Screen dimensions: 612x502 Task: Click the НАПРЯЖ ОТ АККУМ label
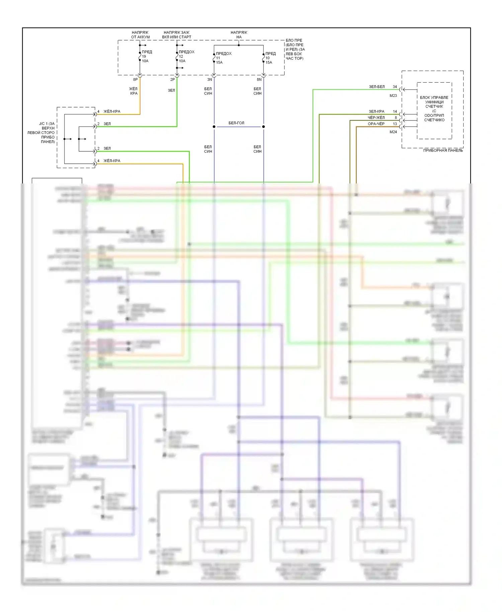click(140, 35)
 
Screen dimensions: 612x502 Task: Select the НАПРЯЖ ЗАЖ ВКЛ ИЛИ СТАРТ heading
click(177, 35)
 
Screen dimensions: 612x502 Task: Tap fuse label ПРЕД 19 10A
click(147, 56)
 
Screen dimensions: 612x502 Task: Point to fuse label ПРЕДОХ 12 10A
click(186, 56)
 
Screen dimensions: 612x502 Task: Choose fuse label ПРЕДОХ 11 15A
click(223, 58)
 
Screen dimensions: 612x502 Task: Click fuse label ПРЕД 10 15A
click(270, 58)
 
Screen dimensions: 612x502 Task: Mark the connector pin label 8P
click(135, 80)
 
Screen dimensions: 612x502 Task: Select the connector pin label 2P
click(172, 80)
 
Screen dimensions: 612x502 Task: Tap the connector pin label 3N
click(210, 80)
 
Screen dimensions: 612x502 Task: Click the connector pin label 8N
click(259, 80)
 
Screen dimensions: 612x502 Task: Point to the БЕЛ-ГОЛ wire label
click(236, 123)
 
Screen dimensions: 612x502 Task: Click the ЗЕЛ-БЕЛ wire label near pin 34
click(377, 87)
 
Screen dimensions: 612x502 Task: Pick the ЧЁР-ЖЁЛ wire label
click(376, 118)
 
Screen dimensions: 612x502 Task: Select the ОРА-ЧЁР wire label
click(376, 124)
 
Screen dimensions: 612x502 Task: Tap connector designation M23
click(393, 96)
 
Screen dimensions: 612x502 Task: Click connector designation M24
click(393, 132)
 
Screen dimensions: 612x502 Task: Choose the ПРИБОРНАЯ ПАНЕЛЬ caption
click(443, 151)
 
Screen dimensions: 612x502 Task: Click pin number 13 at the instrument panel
click(395, 124)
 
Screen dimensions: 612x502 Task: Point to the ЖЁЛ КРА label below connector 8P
click(134, 91)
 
